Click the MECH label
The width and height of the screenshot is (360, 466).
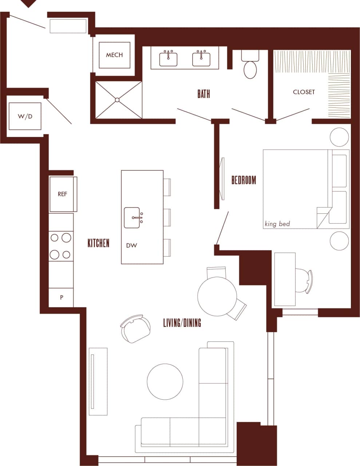tap(114, 55)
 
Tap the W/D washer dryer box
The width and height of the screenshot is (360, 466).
tap(25, 116)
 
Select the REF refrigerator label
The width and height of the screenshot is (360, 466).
tap(62, 194)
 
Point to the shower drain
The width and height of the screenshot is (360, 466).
tap(117, 99)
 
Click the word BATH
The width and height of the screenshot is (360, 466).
tap(203, 94)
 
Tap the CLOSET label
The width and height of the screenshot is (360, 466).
tap(304, 92)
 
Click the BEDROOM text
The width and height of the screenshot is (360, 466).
tap(244, 180)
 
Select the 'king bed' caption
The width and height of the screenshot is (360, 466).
tap(277, 224)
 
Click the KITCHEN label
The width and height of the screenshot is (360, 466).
tap(98, 243)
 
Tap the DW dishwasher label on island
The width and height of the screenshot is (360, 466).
tap(131, 245)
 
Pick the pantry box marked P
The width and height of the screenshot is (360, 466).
tap(62, 297)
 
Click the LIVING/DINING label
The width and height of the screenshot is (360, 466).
tap(182, 323)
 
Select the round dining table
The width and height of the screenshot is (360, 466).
tap(217, 296)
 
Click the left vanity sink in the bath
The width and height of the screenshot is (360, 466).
tap(169, 59)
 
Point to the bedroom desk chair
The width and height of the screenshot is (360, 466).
tap(303, 280)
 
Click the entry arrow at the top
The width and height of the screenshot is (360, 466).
tap(28, 3)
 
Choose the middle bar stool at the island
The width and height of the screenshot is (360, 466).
tap(167, 217)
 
